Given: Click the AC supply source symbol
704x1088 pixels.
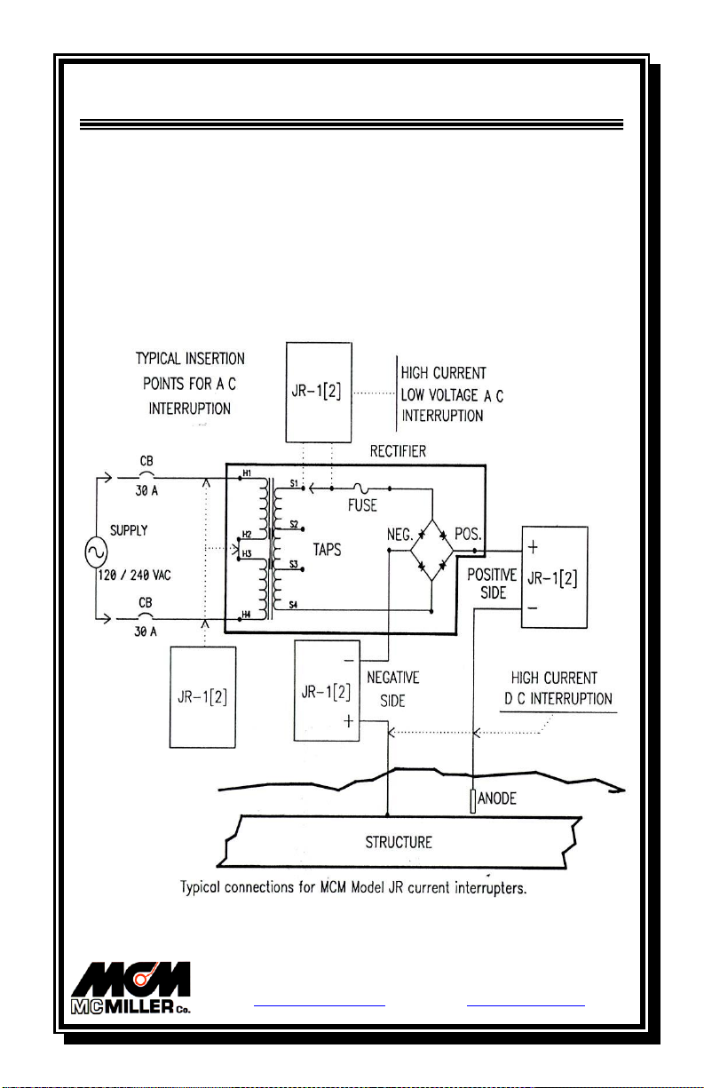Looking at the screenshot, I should pyautogui.click(x=95, y=553).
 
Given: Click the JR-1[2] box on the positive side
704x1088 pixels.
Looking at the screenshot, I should pyautogui.click(x=555, y=578).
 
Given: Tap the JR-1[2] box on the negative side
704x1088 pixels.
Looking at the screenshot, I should pyautogui.click(x=329, y=688).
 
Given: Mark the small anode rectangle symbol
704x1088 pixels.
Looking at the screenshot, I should pyautogui.click(x=474, y=801).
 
